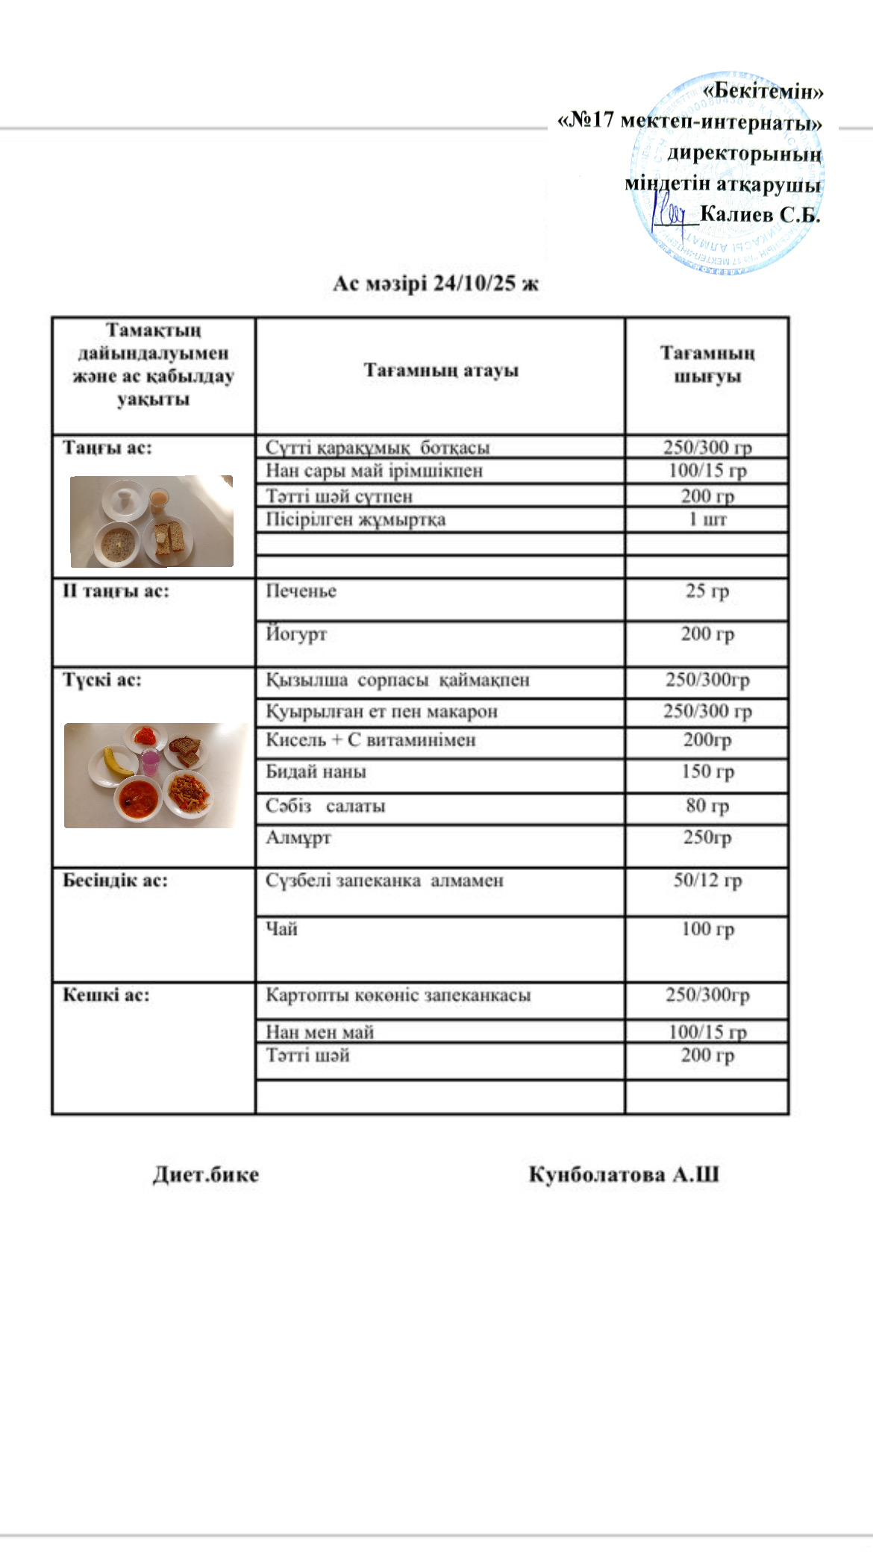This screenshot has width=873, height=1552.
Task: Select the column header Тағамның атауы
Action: coord(440,370)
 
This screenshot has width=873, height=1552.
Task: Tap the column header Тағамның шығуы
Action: coord(707,364)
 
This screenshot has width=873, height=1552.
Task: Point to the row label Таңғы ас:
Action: coord(107,448)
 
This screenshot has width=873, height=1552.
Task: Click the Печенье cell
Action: coord(301,591)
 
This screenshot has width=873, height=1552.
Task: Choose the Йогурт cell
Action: coord(296,634)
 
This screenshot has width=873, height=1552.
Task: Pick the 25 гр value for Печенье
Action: coord(707,591)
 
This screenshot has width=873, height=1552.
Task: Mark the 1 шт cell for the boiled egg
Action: coord(707,519)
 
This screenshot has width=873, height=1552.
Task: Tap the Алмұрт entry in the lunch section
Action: coord(298,837)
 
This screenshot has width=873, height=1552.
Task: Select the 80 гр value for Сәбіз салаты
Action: coord(707,806)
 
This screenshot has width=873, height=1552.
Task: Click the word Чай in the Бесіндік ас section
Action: coord(281,929)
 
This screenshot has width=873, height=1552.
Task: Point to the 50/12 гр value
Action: coord(707,880)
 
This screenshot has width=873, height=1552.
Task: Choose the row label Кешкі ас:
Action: coord(106,995)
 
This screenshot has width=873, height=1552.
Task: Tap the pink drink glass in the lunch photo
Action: coord(151,763)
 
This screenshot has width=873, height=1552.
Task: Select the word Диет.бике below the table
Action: coord(206,1174)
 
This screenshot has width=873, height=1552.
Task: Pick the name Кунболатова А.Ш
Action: coord(624,1174)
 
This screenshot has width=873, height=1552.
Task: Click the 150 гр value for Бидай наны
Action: coord(707,772)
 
